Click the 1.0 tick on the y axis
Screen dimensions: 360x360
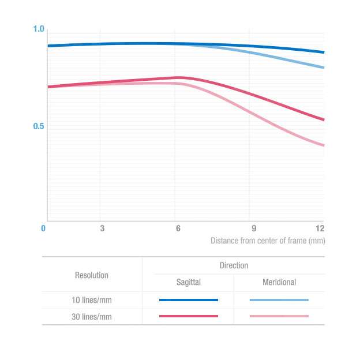point(39,29)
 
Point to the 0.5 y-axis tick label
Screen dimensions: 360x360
point(39,126)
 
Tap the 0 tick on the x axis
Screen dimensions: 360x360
point(43,228)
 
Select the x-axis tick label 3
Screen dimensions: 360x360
point(102,228)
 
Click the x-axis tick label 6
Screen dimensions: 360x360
point(178,228)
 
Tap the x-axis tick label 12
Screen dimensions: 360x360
point(320,228)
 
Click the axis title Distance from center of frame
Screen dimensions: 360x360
point(267,241)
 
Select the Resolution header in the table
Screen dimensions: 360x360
point(92,275)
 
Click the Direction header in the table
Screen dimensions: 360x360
point(234,265)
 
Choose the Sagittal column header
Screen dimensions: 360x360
point(188,282)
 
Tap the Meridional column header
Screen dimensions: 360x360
point(279,282)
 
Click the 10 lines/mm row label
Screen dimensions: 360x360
point(92,299)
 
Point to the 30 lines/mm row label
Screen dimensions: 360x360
point(92,316)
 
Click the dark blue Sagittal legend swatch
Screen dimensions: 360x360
point(188,300)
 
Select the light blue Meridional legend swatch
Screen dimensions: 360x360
point(279,300)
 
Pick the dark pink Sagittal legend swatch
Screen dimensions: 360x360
point(188,316)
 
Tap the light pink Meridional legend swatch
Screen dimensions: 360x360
point(279,316)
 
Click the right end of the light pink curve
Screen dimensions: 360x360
point(323,145)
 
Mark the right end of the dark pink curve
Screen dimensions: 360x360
point(323,120)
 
